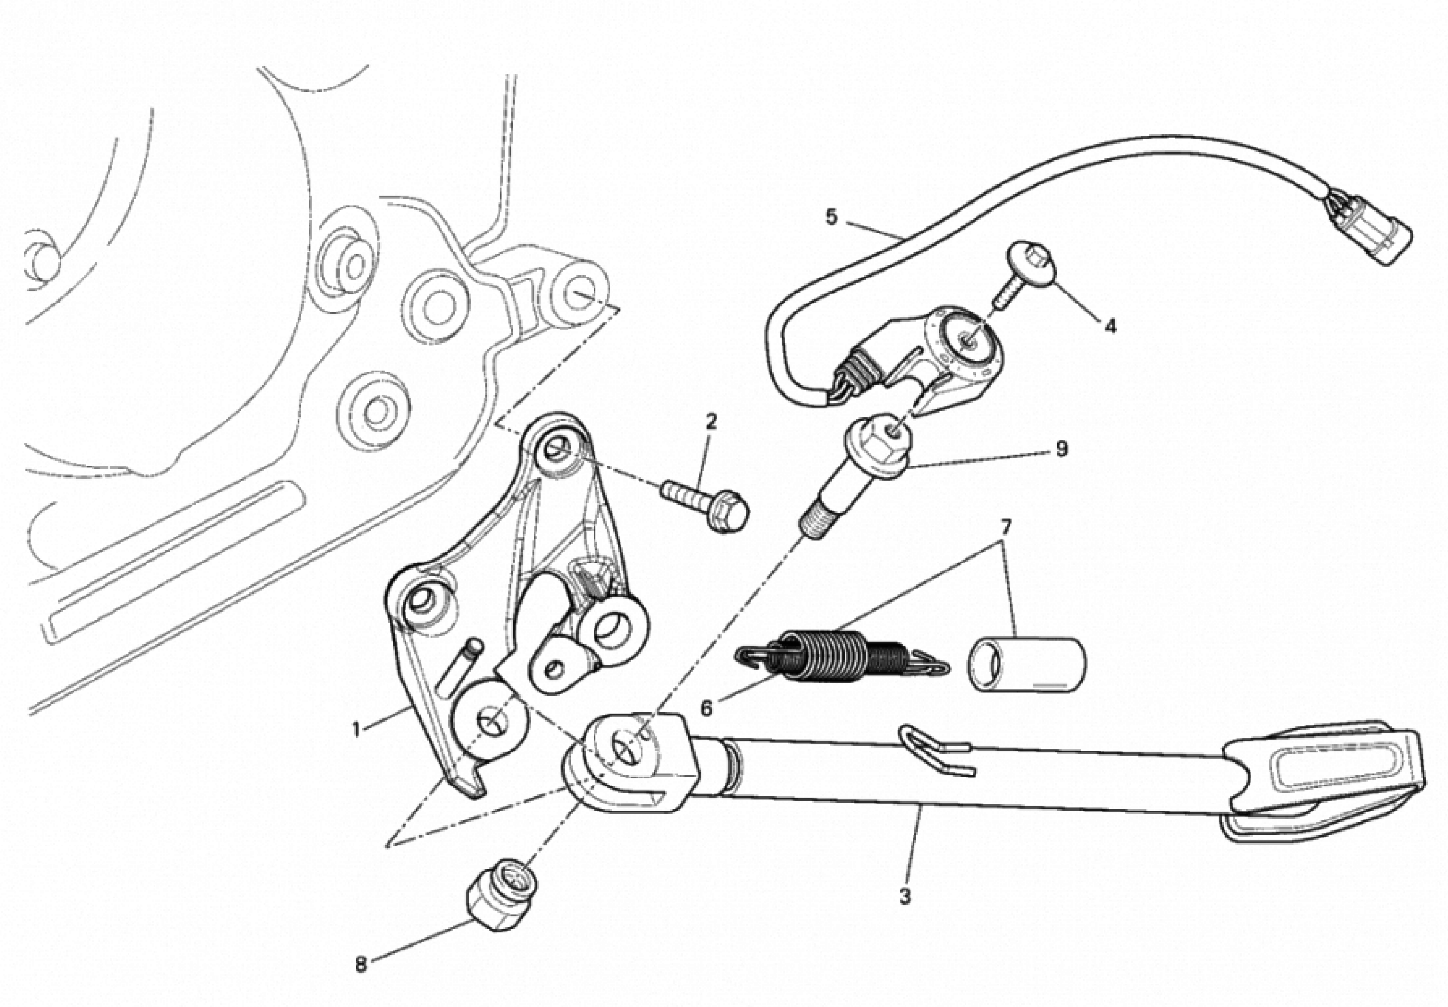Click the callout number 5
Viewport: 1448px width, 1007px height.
(x=832, y=218)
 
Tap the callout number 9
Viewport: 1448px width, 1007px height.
(x=1061, y=449)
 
